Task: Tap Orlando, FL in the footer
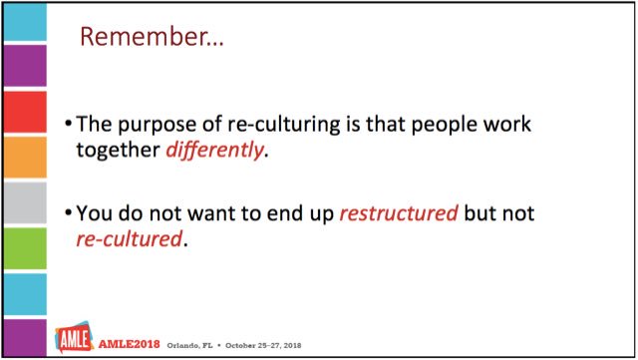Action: [189, 342]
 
